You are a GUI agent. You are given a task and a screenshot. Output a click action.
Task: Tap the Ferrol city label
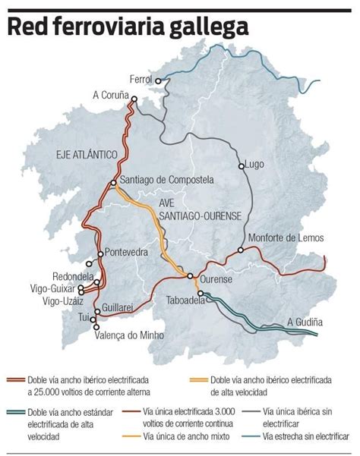pos(141,80)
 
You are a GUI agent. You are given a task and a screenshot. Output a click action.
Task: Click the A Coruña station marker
pos(131,96)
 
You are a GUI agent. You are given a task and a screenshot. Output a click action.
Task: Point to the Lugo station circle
pos(242,165)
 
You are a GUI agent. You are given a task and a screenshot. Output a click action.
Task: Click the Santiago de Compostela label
pos(167,181)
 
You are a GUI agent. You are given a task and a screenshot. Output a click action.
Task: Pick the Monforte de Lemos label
pos(286,238)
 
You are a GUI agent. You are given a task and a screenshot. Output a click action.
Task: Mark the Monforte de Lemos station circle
pos(241,250)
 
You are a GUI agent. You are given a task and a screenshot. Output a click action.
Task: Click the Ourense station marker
pos(192,276)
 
